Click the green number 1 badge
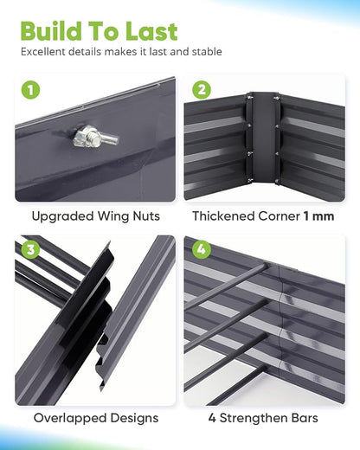click(x=30, y=90)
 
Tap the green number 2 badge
click(x=202, y=90)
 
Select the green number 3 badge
click(x=30, y=250)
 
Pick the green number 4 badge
click(x=202, y=250)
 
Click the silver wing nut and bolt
click(x=94, y=138)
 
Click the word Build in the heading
click(x=51, y=31)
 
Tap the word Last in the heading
click(x=151, y=31)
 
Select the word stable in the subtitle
click(x=207, y=52)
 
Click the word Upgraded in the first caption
click(x=63, y=216)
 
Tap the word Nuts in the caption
click(x=146, y=216)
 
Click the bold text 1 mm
click(x=318, y=216)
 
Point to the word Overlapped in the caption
click(x=70, y=418)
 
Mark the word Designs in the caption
click(x=134, y=418)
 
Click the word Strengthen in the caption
click(x=255, y=418)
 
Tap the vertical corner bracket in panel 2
click(x=263, y=138)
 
